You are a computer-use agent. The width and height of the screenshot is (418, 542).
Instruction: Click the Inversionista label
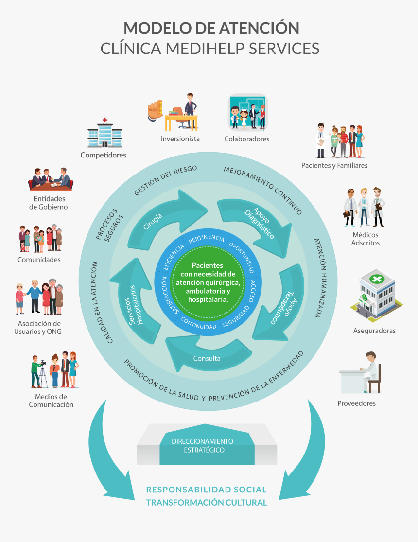coord(180,139)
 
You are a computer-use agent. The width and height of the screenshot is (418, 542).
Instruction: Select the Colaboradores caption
coord(246,139)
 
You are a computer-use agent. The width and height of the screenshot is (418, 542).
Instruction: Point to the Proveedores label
coord(356,403)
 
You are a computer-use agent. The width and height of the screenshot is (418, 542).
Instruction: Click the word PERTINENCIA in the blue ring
coord(207,239)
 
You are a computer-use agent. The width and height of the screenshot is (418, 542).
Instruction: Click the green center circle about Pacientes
coord(208,282)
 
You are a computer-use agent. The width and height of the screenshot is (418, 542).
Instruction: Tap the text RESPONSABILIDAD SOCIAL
coord(207,490)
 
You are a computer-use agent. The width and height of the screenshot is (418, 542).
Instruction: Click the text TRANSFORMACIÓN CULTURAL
coord(207,503)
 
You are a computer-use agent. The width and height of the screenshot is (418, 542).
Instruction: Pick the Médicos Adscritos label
coord(365,239)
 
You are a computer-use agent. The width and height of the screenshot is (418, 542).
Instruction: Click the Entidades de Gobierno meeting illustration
coord(51,179)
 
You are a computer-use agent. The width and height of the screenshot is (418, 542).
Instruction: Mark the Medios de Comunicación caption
coord(51,401)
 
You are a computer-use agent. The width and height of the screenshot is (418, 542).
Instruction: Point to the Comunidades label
coord(39,259)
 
